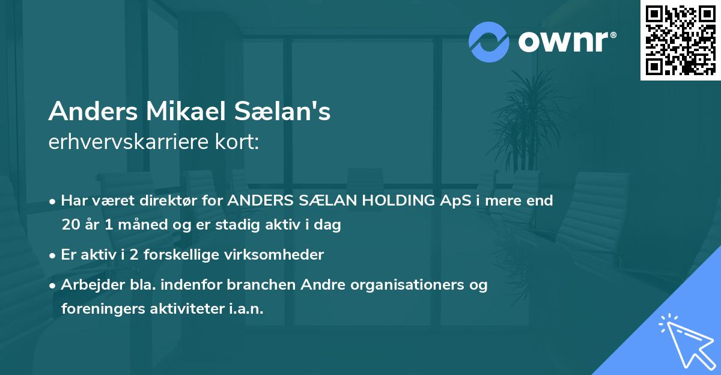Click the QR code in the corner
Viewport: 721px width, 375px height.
[680, 40]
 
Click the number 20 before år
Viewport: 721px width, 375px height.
[70, 225]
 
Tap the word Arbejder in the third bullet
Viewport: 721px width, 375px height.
[87, 285]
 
